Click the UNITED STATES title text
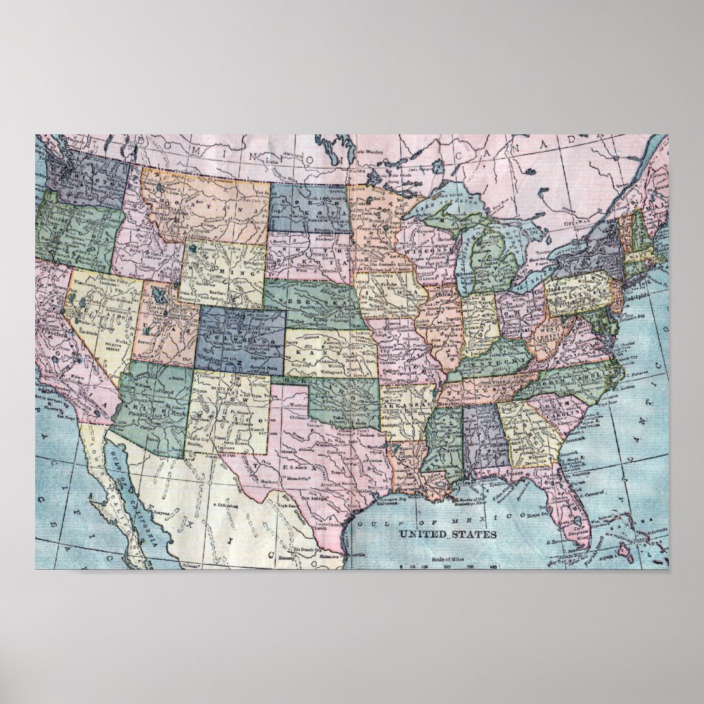point(447,535)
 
